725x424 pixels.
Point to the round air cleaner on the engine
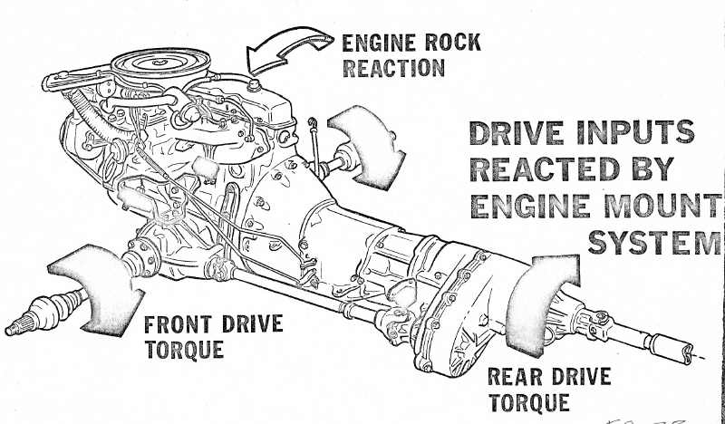[x=159, y=64]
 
